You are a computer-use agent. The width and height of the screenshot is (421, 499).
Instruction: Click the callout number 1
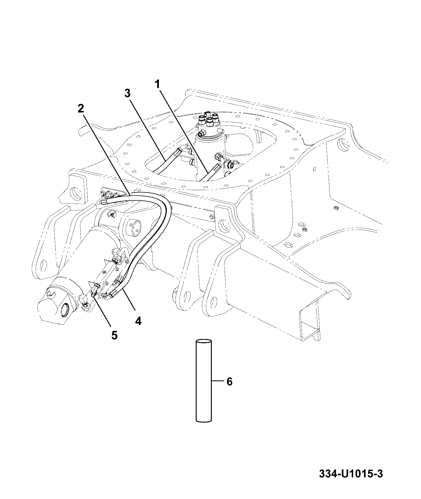pyautogui.click(x=158, y=85)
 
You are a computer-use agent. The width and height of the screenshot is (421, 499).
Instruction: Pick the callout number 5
pyautogui.click(x=114, y=335)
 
